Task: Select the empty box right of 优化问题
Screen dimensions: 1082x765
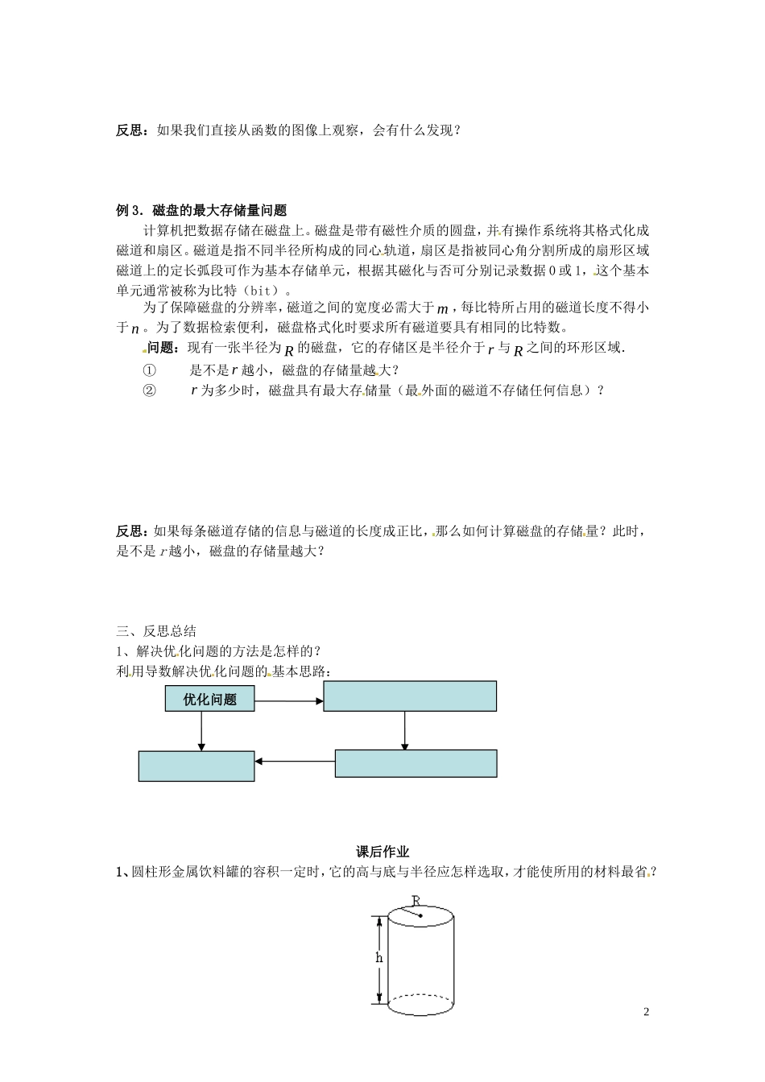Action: coord(410,696)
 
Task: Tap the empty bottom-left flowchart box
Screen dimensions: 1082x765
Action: coord(196,766)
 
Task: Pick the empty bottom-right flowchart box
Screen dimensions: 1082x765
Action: coord(416,763)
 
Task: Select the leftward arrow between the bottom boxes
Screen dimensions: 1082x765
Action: coord(295,758)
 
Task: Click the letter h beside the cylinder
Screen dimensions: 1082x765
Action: coord(378,958)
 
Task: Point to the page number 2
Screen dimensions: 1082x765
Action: coord(646,1011)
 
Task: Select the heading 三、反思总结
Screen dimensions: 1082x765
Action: coord(156,631)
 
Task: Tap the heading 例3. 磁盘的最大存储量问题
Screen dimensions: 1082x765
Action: coord(201,211)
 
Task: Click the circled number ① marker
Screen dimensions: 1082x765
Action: coord(149,370)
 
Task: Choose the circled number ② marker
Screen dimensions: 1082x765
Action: coord(149,390)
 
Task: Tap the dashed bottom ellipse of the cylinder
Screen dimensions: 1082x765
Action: coord(421,1003)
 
